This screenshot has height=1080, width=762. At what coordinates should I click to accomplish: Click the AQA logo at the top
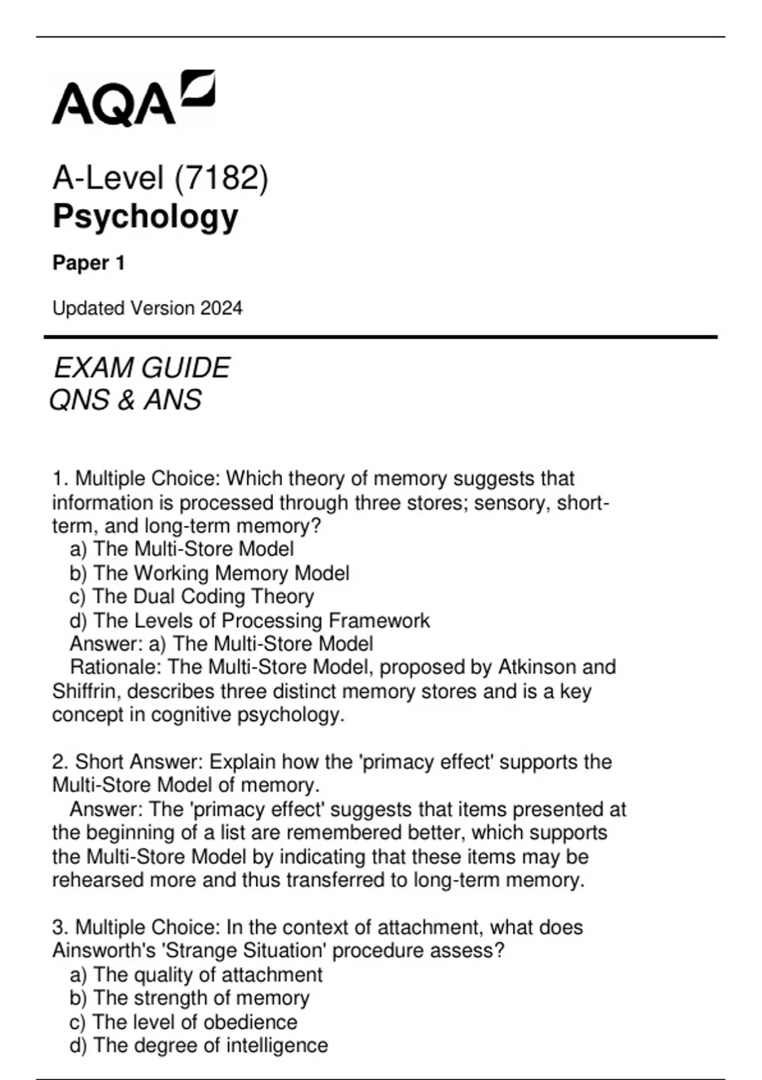pyautogui.click(x=133, y=98)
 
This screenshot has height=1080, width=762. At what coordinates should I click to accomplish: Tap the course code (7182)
pyautogui.click(x=222, y=178)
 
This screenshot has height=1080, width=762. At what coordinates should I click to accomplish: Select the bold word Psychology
pyautogui.click(x=145, y=217)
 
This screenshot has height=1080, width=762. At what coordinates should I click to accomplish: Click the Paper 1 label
pyautogui.click(x=89, y=263)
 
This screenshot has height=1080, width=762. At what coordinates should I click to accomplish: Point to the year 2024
pyautogui.click(x=222, y=309)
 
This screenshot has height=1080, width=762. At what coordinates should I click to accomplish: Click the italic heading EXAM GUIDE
pyautogui.click(x=142, y=368)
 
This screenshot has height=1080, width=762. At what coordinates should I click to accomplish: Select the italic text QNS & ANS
pyautogui.click(x=126, y=400)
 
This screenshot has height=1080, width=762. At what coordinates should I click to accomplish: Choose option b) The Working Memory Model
pyautogui.click(x=210, y=573)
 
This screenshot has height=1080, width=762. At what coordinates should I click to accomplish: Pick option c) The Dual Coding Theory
pyautogui.click(x=192, y=597)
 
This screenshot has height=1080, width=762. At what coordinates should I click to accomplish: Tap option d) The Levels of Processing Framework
pyautogui.click(x=250, y=620)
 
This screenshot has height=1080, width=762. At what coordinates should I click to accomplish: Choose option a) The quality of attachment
pyautogui.click(x=196, y=975)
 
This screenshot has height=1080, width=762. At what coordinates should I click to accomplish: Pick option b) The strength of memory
pyautogui.click(x=189, y=998)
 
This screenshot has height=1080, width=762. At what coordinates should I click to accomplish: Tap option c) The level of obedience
pyautogui.click(x=183, y=1022)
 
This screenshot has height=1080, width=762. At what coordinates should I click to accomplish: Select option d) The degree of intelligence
pyautogui.click(x=199, y=1046)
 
